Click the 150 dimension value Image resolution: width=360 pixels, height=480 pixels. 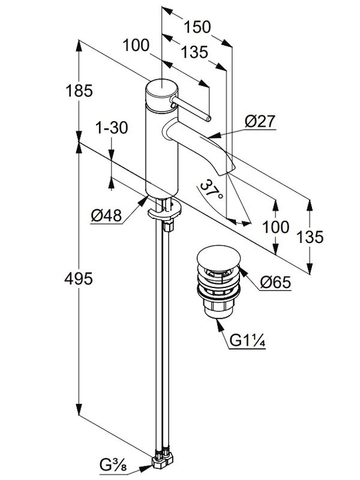(x=198, y=27)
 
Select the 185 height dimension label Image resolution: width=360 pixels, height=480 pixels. (x=80, y=91)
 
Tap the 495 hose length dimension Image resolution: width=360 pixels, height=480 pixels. (x=80, y=279)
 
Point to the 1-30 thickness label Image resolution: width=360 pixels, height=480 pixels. (x=112, y=127)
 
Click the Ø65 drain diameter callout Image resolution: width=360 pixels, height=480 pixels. (x=276, y=281)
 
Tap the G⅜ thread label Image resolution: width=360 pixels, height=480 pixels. (x=113, y=463)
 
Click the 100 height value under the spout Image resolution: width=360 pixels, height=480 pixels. (x=276, y=227)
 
